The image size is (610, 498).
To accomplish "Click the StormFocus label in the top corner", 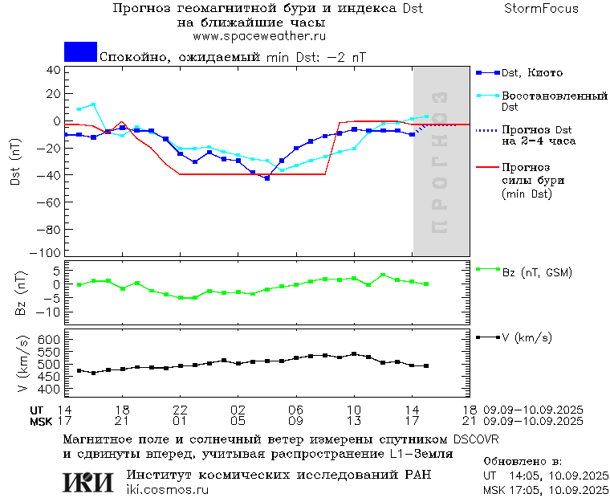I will click(541, 9).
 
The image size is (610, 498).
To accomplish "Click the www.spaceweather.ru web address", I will click(259, 36).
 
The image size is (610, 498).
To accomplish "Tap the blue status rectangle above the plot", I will click(80, 52).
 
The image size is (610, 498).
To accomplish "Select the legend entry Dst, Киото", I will click(533, 73).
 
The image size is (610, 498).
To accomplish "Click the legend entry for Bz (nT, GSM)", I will click(537, 272).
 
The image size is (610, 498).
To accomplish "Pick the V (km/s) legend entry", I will click(527, 338).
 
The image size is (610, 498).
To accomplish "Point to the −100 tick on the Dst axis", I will click(49, 252).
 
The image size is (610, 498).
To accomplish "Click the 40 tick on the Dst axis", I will click(54, 70).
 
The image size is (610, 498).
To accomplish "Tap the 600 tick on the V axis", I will click(51, 341).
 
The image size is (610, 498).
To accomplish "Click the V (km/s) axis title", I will click(23, 365).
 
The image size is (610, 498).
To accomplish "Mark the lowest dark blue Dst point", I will click(266, 178).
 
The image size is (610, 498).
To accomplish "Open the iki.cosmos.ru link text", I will click(167, 490).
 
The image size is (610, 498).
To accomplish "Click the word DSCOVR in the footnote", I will click(476, 439).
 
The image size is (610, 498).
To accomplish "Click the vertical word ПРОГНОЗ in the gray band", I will click(438, 162).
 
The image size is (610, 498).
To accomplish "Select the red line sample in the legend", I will click(485, 167).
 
